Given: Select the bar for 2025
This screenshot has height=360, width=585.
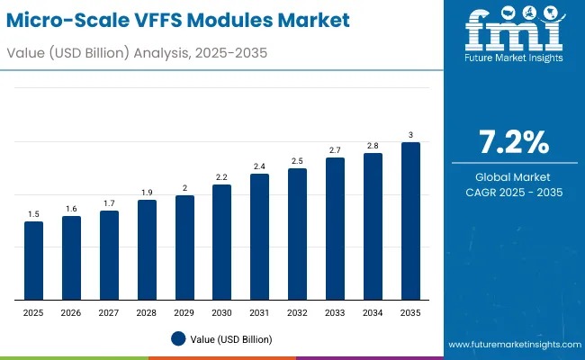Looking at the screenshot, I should point(33,260).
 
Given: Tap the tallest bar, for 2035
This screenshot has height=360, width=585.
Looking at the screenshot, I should point(410,220).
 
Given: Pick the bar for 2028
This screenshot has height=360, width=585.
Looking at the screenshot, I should point(147,249).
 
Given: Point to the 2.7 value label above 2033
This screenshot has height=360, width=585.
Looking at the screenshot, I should point(335,149).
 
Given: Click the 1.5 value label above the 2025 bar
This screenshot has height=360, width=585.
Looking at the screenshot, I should point(33,213).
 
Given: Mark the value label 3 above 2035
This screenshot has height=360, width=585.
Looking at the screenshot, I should point(410,135).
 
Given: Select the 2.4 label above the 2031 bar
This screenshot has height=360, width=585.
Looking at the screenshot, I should point(260,166).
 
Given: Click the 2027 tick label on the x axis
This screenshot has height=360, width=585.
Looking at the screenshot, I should point(109,312).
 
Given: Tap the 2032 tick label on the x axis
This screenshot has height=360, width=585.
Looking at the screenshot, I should point(297,312).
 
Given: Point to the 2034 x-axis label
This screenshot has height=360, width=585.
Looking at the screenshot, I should point(373,312).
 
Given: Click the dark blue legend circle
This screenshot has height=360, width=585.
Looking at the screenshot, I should point(178,338).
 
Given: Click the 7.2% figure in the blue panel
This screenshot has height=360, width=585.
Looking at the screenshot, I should point(513,142).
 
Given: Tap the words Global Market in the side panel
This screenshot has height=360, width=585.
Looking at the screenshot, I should point(513,176).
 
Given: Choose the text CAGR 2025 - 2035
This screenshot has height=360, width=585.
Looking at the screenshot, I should point(513,193).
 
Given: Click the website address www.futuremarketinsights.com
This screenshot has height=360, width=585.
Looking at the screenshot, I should point(512,345).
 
